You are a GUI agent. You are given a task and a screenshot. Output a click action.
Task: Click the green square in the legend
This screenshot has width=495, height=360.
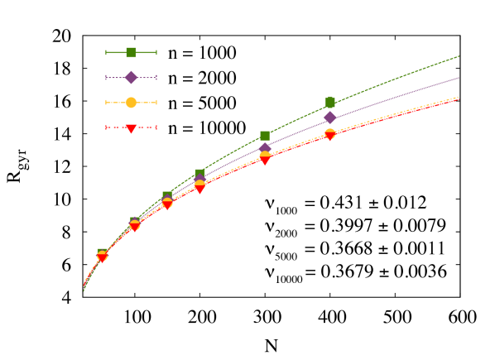(131, 52)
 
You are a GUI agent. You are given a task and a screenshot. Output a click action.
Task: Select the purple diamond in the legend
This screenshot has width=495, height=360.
(131, 78)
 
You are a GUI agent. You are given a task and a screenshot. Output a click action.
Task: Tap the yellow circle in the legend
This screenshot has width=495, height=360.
(131, 103)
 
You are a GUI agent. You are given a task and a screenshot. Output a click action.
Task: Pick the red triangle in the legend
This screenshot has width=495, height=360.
(131, 128)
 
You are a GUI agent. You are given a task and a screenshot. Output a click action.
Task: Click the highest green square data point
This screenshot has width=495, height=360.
(330, 102)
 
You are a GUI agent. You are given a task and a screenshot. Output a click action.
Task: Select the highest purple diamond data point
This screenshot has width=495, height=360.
(330, 118)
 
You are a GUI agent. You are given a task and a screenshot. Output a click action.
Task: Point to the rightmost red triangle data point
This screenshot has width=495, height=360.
(330, 136)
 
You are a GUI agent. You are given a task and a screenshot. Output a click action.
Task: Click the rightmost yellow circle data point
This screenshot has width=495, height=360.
(330, 132)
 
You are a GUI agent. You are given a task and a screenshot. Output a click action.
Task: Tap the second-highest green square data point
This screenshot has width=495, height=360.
(265, 135)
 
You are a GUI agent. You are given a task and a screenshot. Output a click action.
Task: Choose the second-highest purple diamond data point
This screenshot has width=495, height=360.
(265, 149)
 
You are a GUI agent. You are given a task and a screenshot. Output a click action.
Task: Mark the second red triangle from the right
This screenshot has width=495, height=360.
(265, 161)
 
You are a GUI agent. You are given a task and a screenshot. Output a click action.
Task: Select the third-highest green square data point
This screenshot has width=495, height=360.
(199, 174)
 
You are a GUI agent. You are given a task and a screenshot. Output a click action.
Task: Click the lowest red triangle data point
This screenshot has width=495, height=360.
(102, 258)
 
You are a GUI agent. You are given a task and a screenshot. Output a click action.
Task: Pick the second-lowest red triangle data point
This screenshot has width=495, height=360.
(134, 227)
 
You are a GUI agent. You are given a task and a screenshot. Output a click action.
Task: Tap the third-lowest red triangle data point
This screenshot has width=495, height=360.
(167, 204)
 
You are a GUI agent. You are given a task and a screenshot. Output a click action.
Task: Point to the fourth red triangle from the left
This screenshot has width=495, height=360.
(199, 189)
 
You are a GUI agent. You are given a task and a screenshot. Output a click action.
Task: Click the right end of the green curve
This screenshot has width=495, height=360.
(459, 56)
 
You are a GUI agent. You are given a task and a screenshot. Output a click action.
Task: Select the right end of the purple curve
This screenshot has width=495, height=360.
(459, 77)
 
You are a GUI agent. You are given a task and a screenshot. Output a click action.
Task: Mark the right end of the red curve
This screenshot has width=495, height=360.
(459, 99)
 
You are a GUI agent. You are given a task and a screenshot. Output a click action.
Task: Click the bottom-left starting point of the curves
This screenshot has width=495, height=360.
(84, 290)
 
